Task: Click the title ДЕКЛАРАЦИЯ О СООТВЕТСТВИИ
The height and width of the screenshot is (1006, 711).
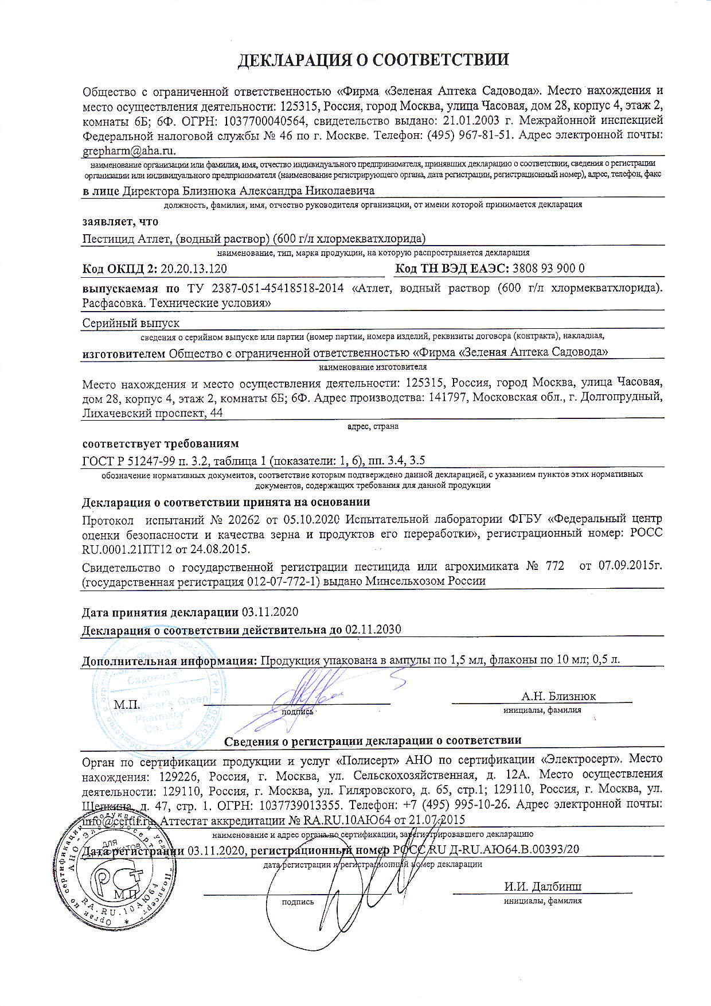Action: pos(373,60)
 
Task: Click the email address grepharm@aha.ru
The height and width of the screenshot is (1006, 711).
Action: pos(129,150)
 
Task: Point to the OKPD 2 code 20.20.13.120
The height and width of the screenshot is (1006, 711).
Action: pos(193,269)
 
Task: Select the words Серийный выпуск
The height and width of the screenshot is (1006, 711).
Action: pos(131,324)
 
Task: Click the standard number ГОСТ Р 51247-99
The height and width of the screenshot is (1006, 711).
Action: pos(135,460)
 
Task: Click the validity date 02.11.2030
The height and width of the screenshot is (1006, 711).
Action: pos(373,629)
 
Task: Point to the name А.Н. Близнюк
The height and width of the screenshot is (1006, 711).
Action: pos(558,696)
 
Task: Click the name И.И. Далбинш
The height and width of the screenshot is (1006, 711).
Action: pos(542,887)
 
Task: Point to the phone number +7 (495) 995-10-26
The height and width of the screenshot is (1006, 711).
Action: pos(465,805)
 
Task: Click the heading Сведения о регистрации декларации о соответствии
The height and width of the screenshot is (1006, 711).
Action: pos(373,741)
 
